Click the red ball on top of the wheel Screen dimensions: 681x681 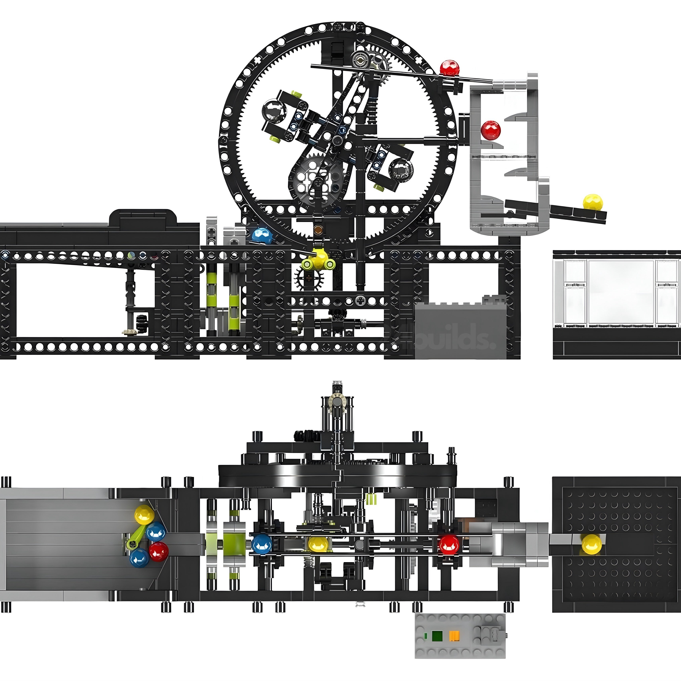click(x=449, y=68)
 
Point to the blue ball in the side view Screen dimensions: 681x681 click(x=262, y=236)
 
